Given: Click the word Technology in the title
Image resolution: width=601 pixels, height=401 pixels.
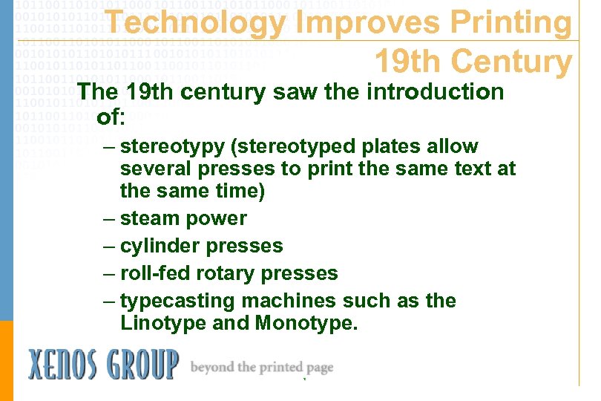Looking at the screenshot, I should pos(194,24).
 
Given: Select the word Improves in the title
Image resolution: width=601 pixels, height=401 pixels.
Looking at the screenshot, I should pos(354,24).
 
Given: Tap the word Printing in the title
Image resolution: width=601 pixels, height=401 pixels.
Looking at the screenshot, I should pos(505,24).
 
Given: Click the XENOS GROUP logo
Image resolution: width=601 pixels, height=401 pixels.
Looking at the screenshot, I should pos(103,365).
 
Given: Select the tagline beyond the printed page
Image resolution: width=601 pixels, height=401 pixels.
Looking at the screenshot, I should pos(262,367).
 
